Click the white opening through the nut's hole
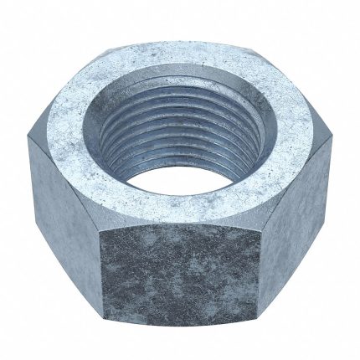[186, 172]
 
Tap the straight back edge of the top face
[181, 33]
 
